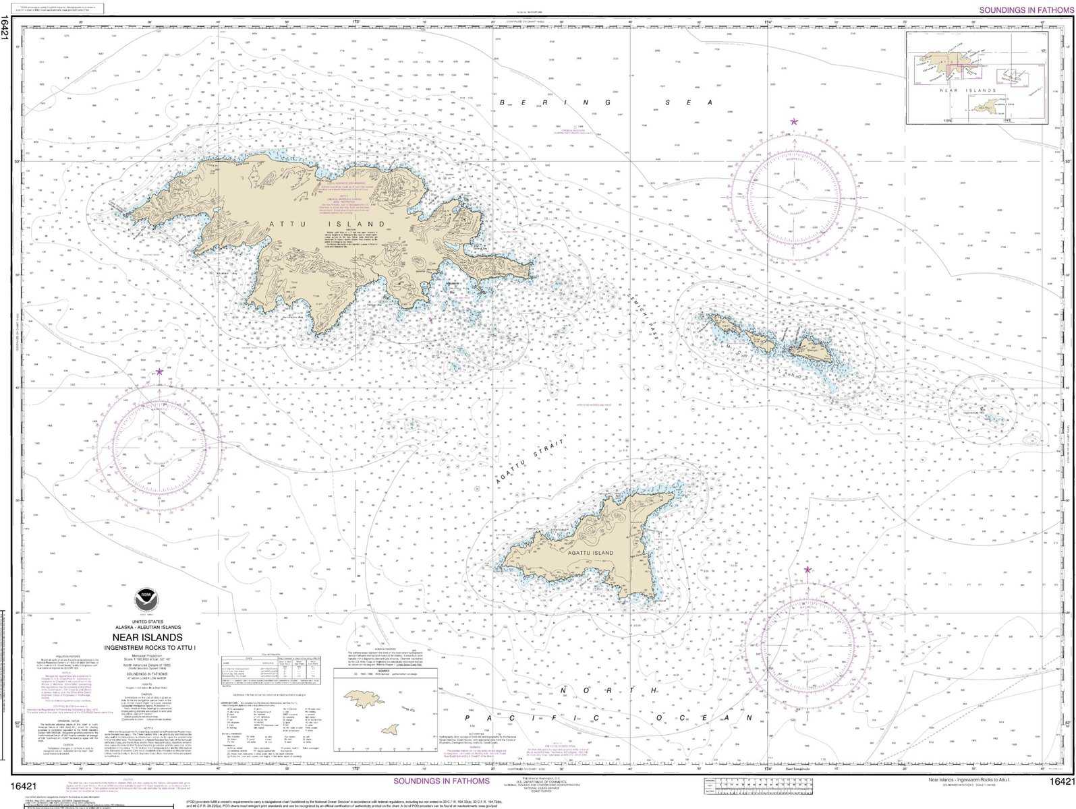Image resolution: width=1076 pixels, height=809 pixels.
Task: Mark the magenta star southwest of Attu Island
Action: (x=159, y=371)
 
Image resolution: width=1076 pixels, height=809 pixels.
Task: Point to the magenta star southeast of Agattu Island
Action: (x=808, y=570)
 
